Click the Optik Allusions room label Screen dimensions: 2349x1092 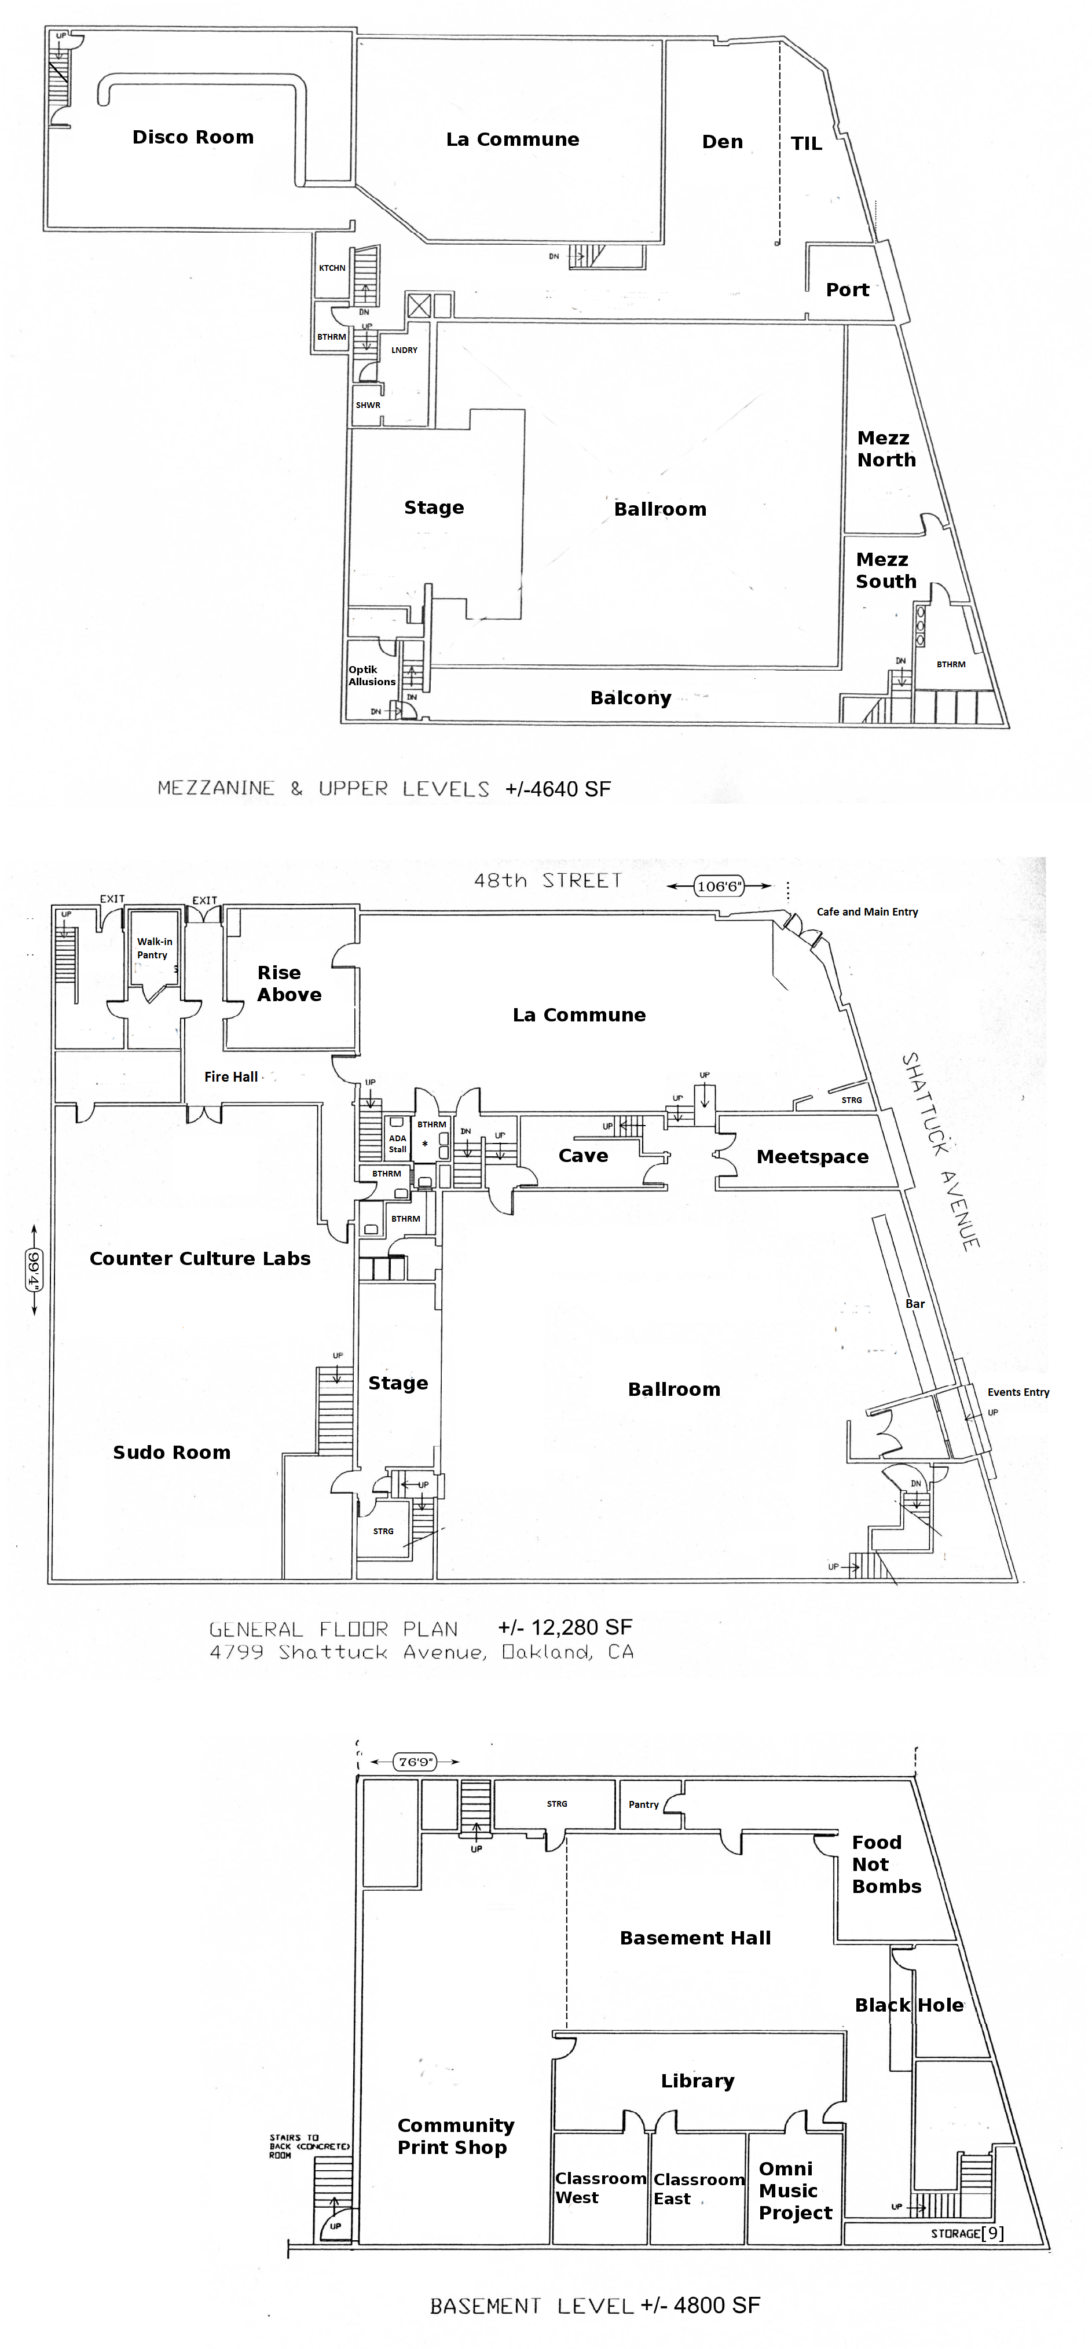371,676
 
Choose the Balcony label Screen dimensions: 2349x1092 631,699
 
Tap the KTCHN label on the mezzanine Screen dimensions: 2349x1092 332,268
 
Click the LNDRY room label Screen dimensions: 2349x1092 404,350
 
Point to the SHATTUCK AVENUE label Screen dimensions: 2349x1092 940,1151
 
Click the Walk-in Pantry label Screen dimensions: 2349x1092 153,949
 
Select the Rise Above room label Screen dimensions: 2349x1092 288,984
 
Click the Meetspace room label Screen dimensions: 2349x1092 812,1157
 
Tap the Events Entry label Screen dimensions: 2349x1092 1018,1392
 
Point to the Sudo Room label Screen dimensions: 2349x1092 171,1453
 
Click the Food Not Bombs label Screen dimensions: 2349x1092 885,1864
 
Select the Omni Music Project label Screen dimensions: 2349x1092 794,2190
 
